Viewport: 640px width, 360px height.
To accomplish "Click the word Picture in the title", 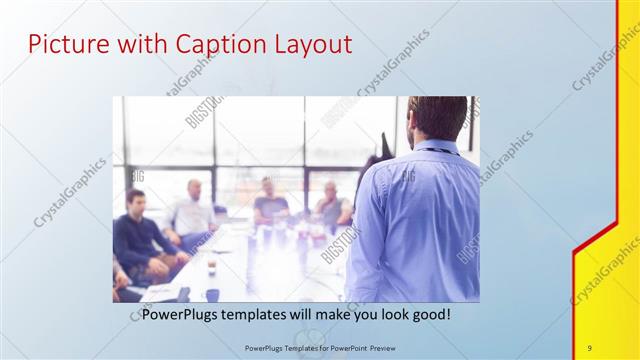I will [x=64, y=45].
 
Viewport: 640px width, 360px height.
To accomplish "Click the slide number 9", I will [x=590, y=346].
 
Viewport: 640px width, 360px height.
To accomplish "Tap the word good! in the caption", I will [x=427, y=313].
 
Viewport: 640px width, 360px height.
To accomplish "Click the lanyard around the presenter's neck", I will [x=432, y=151].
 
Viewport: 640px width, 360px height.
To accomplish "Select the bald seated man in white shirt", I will [x=193, y=210].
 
